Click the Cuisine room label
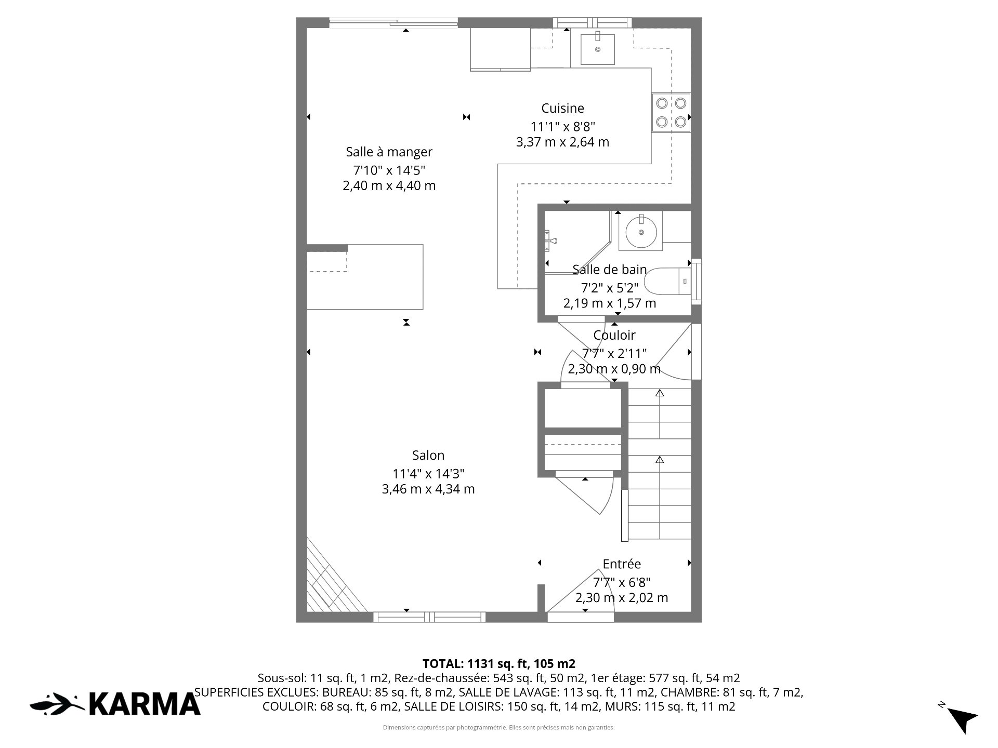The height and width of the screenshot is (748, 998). tap(562, 108)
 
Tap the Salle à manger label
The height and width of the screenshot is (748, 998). tap(389, 152)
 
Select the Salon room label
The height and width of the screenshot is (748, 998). tap(428, 455)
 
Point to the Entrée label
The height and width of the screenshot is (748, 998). tap(622, 564)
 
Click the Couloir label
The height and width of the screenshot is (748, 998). tap(614, 335)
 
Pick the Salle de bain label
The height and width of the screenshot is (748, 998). tap(610, 269)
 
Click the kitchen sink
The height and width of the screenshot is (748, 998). tap(598, 49)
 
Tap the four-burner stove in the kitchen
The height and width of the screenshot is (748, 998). tap(671, 113)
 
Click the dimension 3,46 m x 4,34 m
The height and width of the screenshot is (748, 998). tap(428, 489)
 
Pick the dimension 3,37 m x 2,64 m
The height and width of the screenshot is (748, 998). tap(562, 142)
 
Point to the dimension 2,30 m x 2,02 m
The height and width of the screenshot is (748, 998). tap(622, 597)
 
